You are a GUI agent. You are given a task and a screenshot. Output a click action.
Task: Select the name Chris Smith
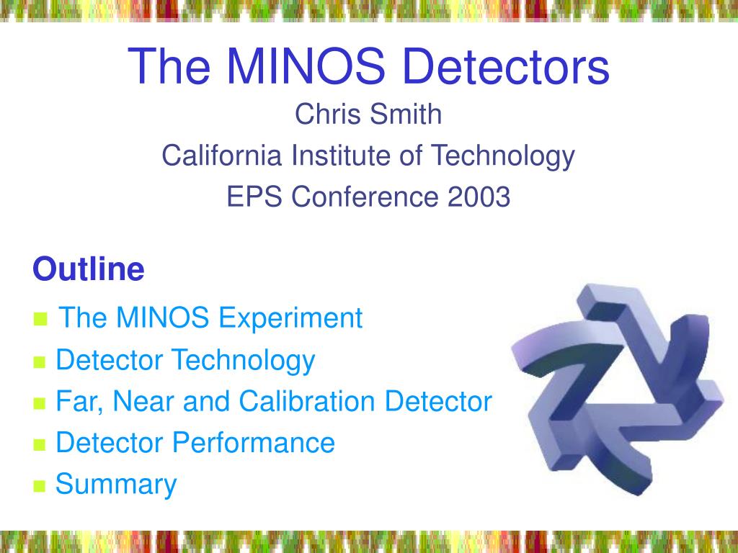coord(368,114)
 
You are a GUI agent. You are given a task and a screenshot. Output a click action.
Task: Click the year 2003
coord(479,197)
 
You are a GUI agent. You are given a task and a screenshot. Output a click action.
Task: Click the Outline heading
coord(89,269)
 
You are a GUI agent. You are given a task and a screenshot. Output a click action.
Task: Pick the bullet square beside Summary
coord(40,485)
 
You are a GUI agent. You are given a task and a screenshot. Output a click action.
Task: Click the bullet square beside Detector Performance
coord(40,444)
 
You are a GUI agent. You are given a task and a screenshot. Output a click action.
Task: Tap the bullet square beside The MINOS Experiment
coord(41,318)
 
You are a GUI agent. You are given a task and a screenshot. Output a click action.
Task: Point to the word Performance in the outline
coord(253,443)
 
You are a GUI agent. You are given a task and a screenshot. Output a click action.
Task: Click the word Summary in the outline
coord(116,485)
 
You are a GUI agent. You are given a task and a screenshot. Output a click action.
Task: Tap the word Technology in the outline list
coord(243,361)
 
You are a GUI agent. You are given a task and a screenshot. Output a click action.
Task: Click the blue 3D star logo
coord(617,390)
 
